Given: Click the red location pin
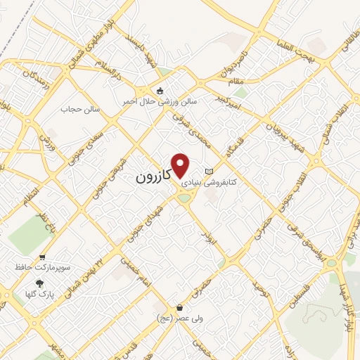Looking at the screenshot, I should click(x=181, y=165).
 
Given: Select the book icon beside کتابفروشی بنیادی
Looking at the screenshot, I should click(x=207, y=172).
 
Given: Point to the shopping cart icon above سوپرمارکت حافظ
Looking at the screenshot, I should click(x=43, y=257).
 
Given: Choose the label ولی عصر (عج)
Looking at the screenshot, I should click(x=179, y=319).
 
